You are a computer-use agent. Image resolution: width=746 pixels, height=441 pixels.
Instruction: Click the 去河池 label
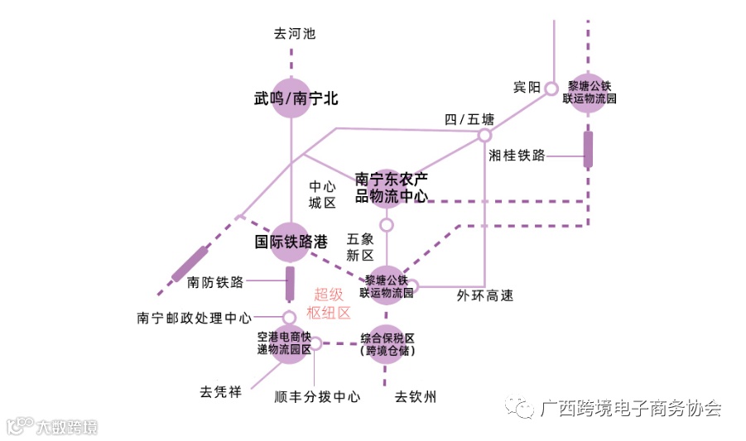295,34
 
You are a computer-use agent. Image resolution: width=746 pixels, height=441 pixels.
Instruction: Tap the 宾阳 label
527,88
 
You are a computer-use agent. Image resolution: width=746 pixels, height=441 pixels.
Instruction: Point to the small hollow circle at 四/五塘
485,135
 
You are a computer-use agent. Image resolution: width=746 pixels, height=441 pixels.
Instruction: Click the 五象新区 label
361,247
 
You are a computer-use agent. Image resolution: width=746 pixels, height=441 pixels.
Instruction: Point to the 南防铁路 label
215,282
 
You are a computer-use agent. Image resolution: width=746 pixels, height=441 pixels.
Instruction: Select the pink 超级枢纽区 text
330,303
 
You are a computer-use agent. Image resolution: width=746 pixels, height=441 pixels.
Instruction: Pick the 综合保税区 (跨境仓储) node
387,345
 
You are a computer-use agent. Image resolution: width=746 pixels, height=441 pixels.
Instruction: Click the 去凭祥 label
220,391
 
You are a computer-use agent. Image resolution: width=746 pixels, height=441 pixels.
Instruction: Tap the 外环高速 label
485,295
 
